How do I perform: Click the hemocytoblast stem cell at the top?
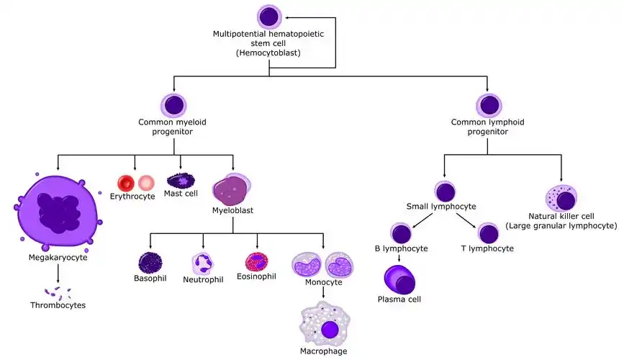268,17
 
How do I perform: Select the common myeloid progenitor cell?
173,104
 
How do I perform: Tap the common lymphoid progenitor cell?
487,104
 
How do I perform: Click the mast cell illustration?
180,180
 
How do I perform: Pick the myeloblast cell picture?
232,190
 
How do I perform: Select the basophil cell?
150,263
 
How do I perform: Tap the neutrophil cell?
203,263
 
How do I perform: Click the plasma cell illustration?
399,279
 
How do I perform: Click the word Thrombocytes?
58,305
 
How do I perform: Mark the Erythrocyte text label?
132,197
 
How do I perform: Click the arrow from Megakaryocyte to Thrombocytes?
58,273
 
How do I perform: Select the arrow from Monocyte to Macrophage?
323,293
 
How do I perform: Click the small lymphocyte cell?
445,192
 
